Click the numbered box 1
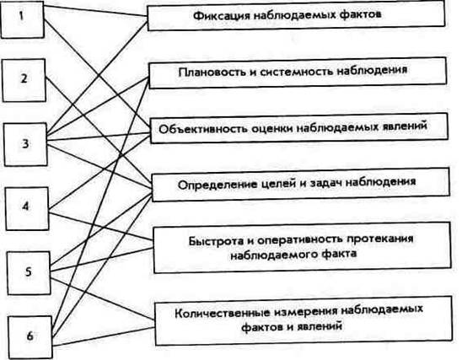(x=22, y=19)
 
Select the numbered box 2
(x=24, y=80)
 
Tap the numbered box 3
(x=25, y=144)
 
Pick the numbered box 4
(x=27, y=208)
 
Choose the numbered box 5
(x=29, y=273)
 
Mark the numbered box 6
(x=30, y=337)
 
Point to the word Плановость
(x=212, y=72)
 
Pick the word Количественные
(x=223, y=313)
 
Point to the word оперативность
(x=300, y=240)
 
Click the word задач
(x=325, y=183)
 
